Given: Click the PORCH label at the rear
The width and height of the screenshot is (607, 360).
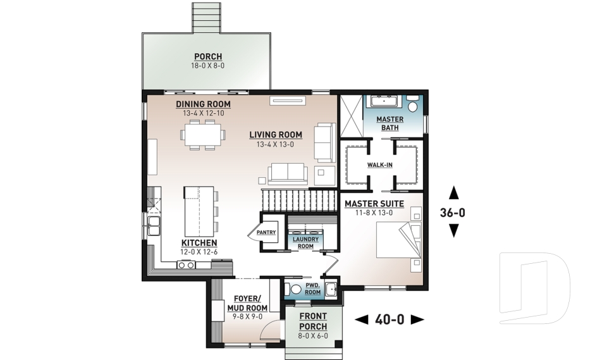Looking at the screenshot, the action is tap(208, 56).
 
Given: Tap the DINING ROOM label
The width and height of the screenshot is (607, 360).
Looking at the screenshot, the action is tap(203, 104).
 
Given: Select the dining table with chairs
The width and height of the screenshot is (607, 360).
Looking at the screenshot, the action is tap(202, 135).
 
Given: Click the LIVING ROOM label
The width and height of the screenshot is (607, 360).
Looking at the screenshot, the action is tap(276, 135).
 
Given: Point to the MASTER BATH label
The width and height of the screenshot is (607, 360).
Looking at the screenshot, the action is tap(390, 123).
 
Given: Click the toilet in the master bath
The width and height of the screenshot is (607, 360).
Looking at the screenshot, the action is tap(414, 104).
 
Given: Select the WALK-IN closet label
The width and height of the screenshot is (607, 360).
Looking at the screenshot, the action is tap(380, 164).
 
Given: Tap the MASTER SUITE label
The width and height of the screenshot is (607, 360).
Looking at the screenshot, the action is tap(374, 204).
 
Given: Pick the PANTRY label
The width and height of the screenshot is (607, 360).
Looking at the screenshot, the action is tap(266, 232).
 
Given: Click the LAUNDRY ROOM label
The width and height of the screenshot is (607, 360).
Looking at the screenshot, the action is tap(305, 242).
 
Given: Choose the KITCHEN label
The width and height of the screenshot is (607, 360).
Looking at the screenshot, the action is tap(199, 242).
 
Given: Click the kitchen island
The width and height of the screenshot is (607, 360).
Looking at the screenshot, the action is tap(199, 211).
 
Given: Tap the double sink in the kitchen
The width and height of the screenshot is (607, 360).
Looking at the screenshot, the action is tap(154, 226).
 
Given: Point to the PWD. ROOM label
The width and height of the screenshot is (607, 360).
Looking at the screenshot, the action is tap(313, 289).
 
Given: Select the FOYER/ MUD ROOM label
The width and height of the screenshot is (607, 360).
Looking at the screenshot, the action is tap(247, 303).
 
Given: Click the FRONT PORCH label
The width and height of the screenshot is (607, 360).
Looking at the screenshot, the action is tap(313, 321).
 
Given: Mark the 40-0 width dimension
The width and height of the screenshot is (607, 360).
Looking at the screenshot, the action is tap(389, 320).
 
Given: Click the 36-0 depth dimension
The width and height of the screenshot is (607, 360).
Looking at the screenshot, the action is tap(453, 212).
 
